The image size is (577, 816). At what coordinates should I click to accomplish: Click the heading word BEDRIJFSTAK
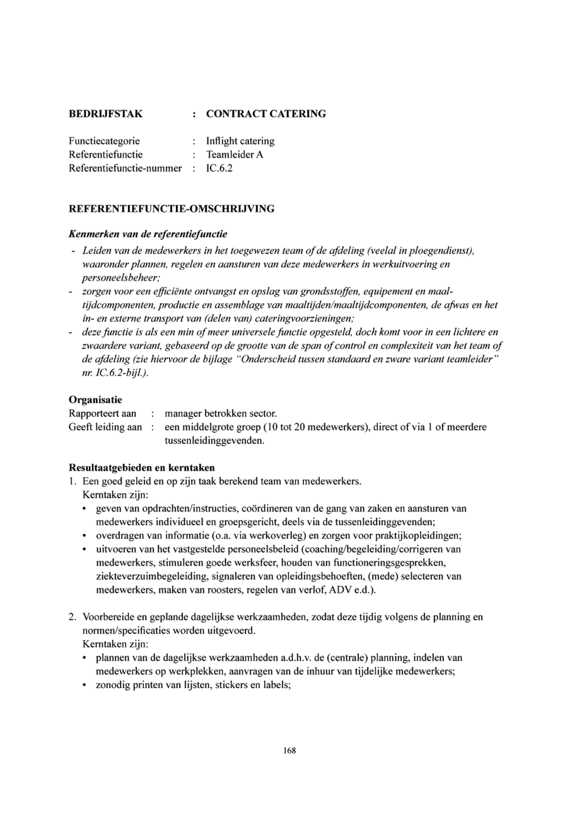coord(106,114)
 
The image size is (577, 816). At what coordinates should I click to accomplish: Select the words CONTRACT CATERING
coord(266,114)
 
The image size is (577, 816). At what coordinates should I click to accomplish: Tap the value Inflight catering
coord(240,141)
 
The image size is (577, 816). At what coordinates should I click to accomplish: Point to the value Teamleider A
coord(235,154)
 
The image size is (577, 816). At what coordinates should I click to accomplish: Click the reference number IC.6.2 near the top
coord(219,168)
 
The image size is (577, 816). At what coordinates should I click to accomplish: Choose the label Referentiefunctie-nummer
coord(125,168)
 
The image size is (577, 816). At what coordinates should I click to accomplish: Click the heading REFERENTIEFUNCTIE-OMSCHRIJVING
coord(171,209)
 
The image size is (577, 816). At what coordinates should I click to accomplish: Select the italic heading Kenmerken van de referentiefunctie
coord(148,234)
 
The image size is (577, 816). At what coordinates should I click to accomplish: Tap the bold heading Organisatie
coord(95,400)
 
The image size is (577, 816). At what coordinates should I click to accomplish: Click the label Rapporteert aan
coord(102,414)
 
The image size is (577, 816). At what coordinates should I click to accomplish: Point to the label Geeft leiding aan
coord(105,427)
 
